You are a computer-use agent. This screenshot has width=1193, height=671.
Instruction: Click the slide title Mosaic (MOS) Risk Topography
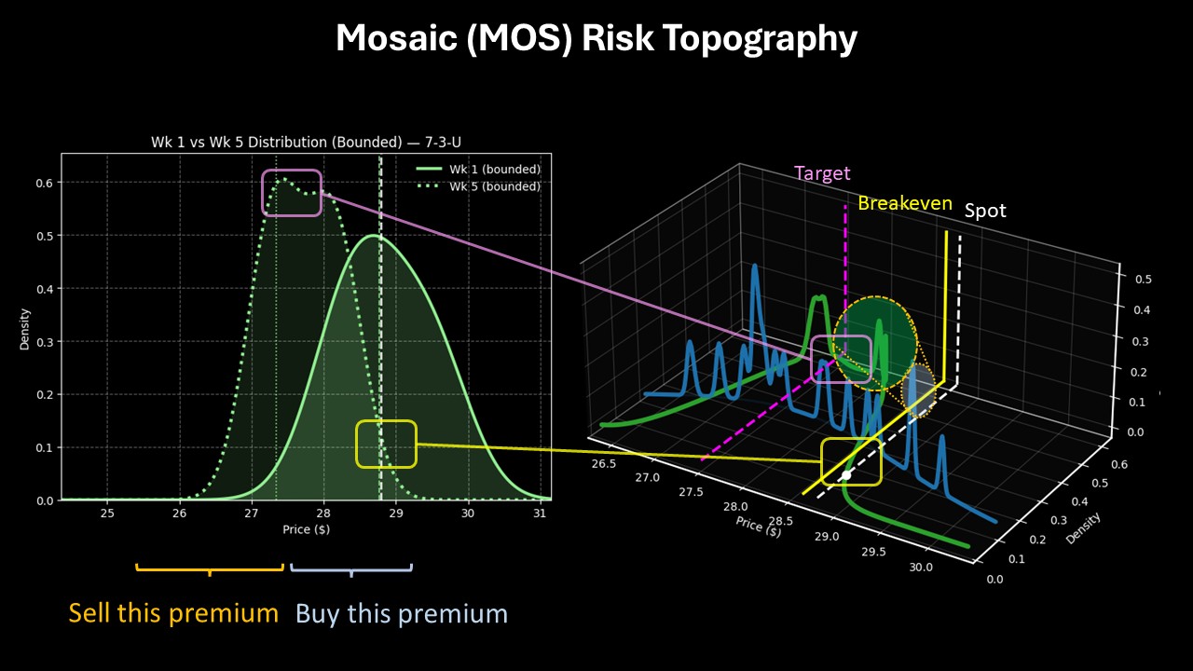(596, 39)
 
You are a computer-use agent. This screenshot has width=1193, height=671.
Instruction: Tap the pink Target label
(822, 173)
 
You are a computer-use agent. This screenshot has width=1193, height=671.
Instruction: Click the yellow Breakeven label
(905, 203)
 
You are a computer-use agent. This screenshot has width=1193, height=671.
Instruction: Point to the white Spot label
(985, 211)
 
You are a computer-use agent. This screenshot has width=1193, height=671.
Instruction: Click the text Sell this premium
(173, 613)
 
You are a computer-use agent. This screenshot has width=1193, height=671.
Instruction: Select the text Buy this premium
(402, 613)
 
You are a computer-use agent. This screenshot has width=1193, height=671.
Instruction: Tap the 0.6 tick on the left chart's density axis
(44, 183)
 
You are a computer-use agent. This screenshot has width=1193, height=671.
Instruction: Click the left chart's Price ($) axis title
(306, 529)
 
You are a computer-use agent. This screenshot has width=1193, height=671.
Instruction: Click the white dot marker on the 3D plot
(846, 475)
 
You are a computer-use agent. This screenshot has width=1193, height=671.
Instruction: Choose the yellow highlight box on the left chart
(386, 445)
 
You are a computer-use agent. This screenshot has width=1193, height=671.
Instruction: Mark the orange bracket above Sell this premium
(209, 568)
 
